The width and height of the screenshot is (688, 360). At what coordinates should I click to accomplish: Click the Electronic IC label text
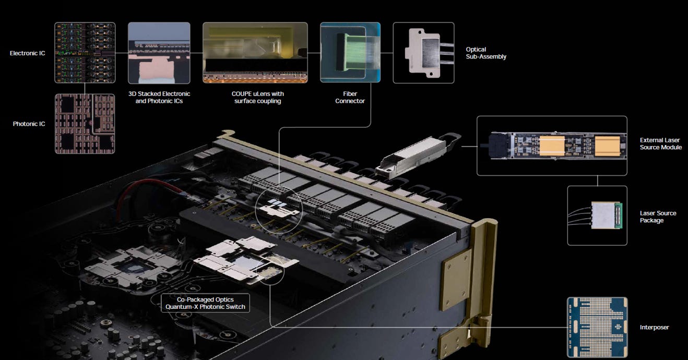pos(27,53)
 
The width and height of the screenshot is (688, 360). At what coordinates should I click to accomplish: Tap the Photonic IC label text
pos(29,124)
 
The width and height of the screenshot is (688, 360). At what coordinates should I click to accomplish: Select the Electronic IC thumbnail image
pos(85,53)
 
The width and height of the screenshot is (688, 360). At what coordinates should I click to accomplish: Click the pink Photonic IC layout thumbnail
pos(85,124)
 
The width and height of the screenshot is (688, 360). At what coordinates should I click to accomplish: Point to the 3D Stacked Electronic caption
pos(159,93)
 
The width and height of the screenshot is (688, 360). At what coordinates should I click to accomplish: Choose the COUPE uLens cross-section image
pos(255,53)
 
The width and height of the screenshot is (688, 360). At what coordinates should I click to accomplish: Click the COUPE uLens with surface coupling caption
pos(258,97)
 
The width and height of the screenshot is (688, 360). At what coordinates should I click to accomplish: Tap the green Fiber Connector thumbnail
pos(350,52)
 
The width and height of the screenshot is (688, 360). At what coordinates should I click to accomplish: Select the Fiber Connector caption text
pos(350,97)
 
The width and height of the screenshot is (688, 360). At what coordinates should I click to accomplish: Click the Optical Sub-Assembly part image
pos(423,53)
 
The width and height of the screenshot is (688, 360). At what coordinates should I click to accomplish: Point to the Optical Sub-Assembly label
pos(486,53)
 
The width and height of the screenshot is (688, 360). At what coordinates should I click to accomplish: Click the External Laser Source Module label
pos(661,143)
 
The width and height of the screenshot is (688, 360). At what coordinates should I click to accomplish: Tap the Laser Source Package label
pos(658,217)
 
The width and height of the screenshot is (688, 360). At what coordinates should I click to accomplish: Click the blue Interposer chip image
pos(597,327)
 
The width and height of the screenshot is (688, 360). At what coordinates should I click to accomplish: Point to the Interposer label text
pos(654,327)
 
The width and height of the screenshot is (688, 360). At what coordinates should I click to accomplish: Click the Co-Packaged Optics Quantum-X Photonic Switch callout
pos(205,303)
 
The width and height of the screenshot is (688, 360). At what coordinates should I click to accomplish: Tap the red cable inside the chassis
pos(145,190)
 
